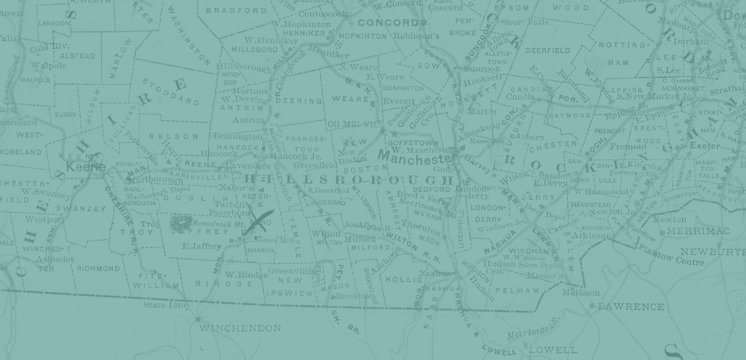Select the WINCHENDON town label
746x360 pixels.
(240, 328)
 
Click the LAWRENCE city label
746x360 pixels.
(631, 307)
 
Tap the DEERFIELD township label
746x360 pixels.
(548, 51)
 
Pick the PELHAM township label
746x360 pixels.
(517, 290)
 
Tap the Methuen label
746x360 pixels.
(581, 292)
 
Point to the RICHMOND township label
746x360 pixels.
(98, 269)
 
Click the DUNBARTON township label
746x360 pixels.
(403, 88)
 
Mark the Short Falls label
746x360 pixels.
(524, 22)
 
